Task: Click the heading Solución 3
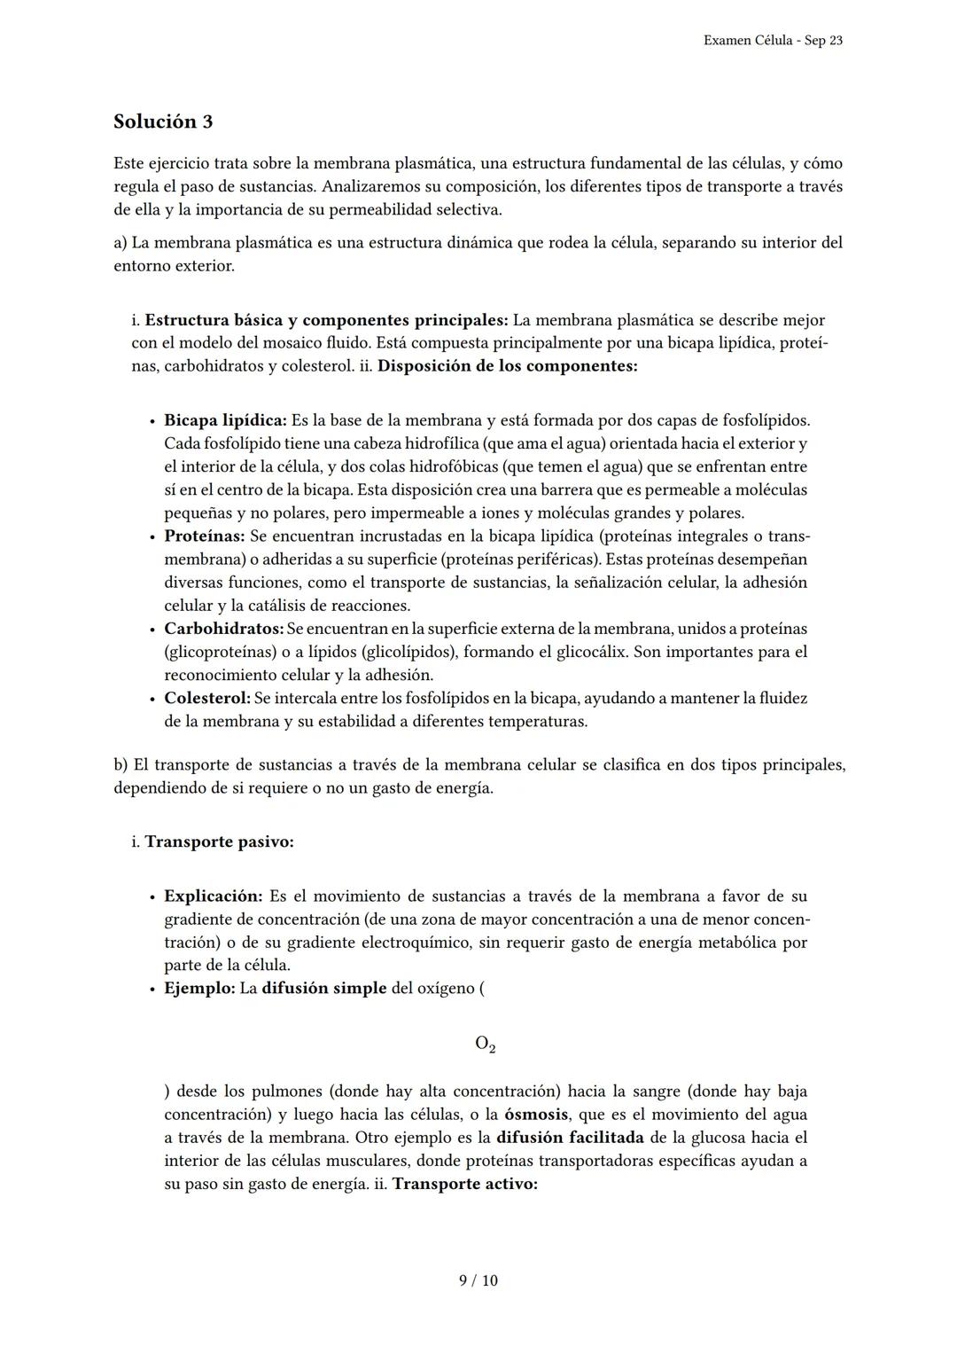[163, 121]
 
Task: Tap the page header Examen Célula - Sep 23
[772, 41]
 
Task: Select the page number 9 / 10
[478, 1280]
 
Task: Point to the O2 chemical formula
[485, 1044]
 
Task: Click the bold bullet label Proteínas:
[204, 536]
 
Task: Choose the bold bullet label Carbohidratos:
[223, 629]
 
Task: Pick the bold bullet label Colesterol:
[207, 698]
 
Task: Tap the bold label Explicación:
[213, 896]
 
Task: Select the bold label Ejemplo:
[199, 988]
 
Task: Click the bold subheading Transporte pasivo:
[219, 841]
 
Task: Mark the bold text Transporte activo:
[464, 1184]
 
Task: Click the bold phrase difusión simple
[323, 988]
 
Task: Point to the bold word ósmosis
[536, 1115]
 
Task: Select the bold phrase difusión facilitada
[570, 1138]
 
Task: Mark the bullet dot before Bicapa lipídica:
[152, 421]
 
